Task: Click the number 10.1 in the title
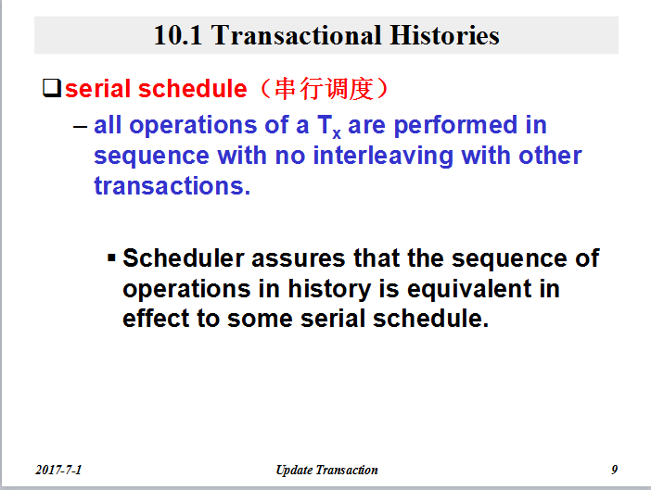pos(178,35)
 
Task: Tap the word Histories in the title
pos(444,35)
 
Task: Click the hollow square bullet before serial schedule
pos(52,88)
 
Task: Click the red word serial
pos(98,89)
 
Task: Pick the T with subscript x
pos(329,126)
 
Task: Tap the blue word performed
pos(456,125)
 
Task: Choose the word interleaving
pos(383,157)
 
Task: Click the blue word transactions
pos(172,186)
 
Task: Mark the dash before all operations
pos(80,126)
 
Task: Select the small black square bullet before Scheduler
pos(111,258)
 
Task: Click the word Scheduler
pos(184,258)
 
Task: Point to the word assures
pos(299,258)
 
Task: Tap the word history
pos(329,289)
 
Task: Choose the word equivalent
pos(469,289)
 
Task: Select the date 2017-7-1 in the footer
pos(58,470)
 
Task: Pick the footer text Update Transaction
pos(327,471)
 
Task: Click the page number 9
pos(615,470)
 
